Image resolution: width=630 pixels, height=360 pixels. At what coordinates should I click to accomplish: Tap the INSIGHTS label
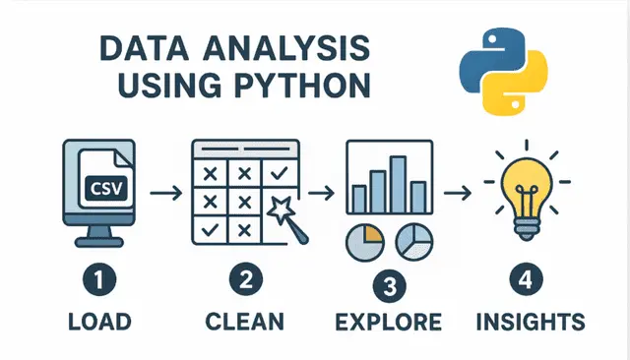pos(529,322)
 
